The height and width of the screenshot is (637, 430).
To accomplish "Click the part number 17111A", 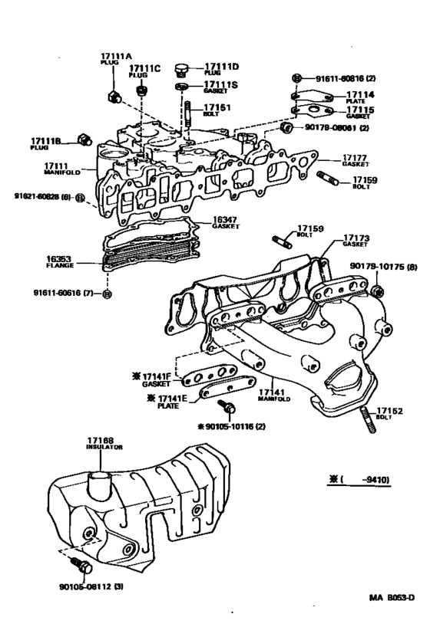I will pos(117,55).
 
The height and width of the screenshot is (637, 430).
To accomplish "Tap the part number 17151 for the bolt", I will pos(218,108).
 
